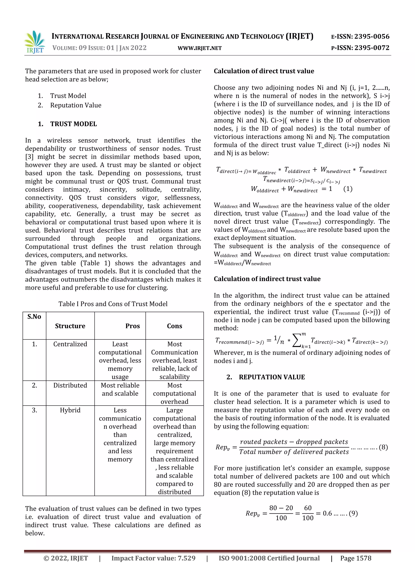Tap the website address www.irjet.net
point(200,48)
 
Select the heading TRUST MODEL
point(73,124)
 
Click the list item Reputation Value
point(76,105)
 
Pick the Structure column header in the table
point(70,326)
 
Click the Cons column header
point(174,326)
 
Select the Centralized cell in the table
point(70,344)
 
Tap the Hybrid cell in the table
point(70,410)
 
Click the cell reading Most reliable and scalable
point(120,389)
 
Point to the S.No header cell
point(34,317)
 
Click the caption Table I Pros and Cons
point(113,304)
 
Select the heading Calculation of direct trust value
point(264,71)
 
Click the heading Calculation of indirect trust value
point(267,279)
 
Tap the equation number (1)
point(348,189)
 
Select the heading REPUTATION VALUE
point(272,377)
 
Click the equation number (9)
point(353,513)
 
